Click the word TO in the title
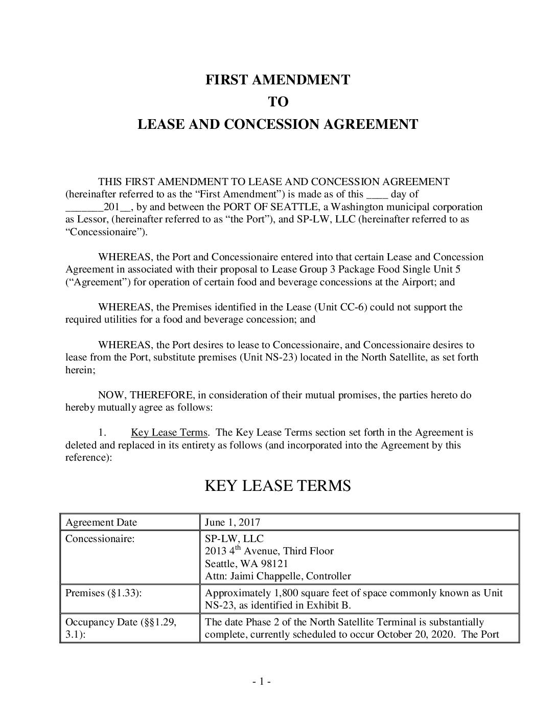pos(278,102)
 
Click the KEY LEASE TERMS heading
pos(277,485)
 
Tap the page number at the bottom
pos(261,681)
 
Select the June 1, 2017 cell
pos(233,522)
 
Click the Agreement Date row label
pos(101,522)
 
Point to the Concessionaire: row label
pos(100,538)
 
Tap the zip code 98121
pos(273,564)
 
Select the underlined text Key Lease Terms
pos(169,433)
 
